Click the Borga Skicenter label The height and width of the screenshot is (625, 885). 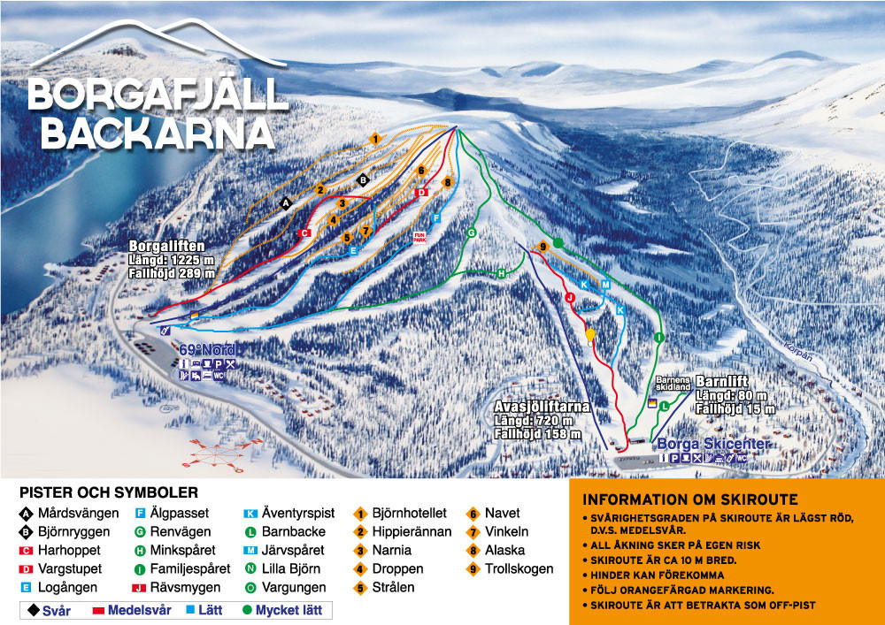712,444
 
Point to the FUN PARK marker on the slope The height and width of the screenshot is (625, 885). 419,237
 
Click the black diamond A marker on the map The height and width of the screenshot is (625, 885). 285,203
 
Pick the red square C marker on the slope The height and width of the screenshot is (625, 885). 304,233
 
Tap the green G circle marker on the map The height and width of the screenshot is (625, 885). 472,232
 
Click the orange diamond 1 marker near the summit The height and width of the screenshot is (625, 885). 375,139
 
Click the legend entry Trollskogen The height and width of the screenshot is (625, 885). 519,569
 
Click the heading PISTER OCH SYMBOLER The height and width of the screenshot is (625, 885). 109,492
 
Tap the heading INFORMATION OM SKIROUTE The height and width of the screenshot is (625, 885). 690,499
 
